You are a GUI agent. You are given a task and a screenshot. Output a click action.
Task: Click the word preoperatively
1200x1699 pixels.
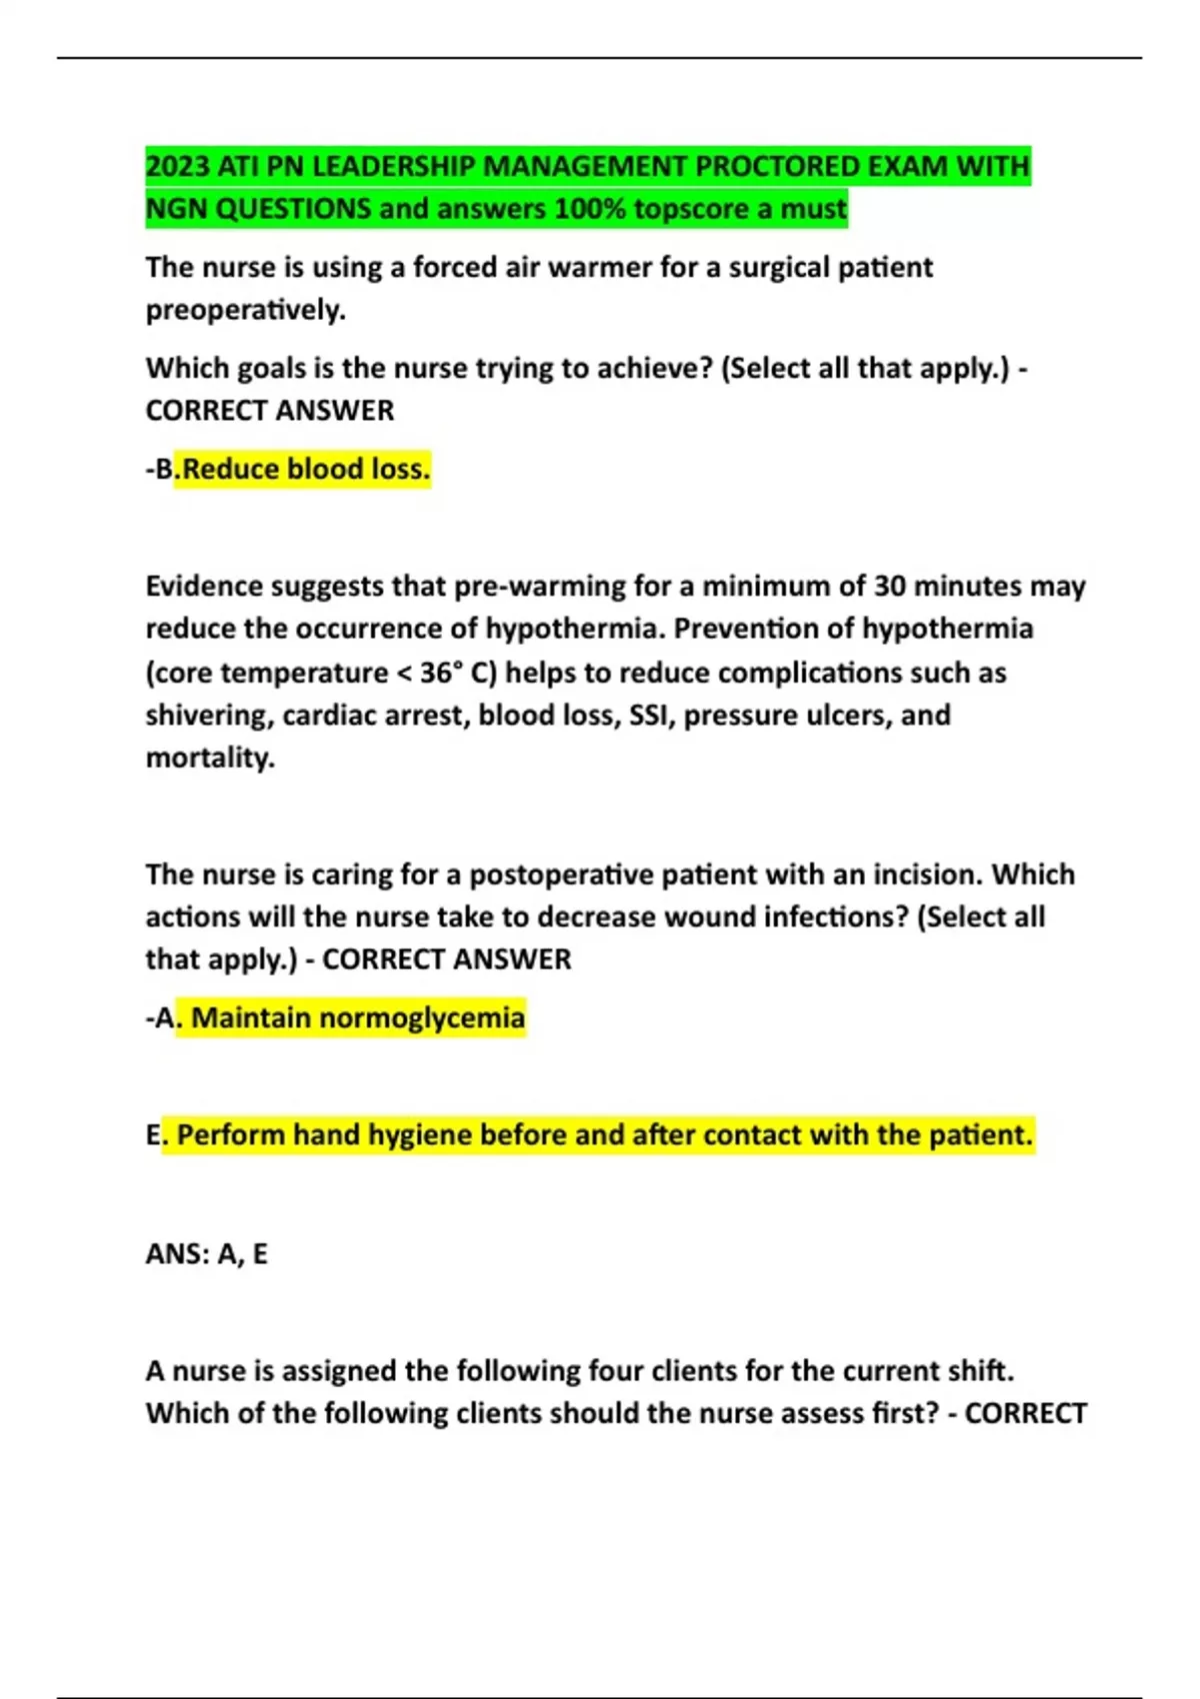pyautogui.click(x=245, y=311)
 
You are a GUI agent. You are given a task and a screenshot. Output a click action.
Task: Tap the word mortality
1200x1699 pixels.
pyautogui.click(x=209, y=758)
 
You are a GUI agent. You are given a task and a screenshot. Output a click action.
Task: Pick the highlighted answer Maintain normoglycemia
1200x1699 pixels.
pyautogui.click(x=357, y=1018)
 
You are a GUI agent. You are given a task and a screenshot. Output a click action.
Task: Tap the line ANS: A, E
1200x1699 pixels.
pyautogui.click(x=207, y=1253)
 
